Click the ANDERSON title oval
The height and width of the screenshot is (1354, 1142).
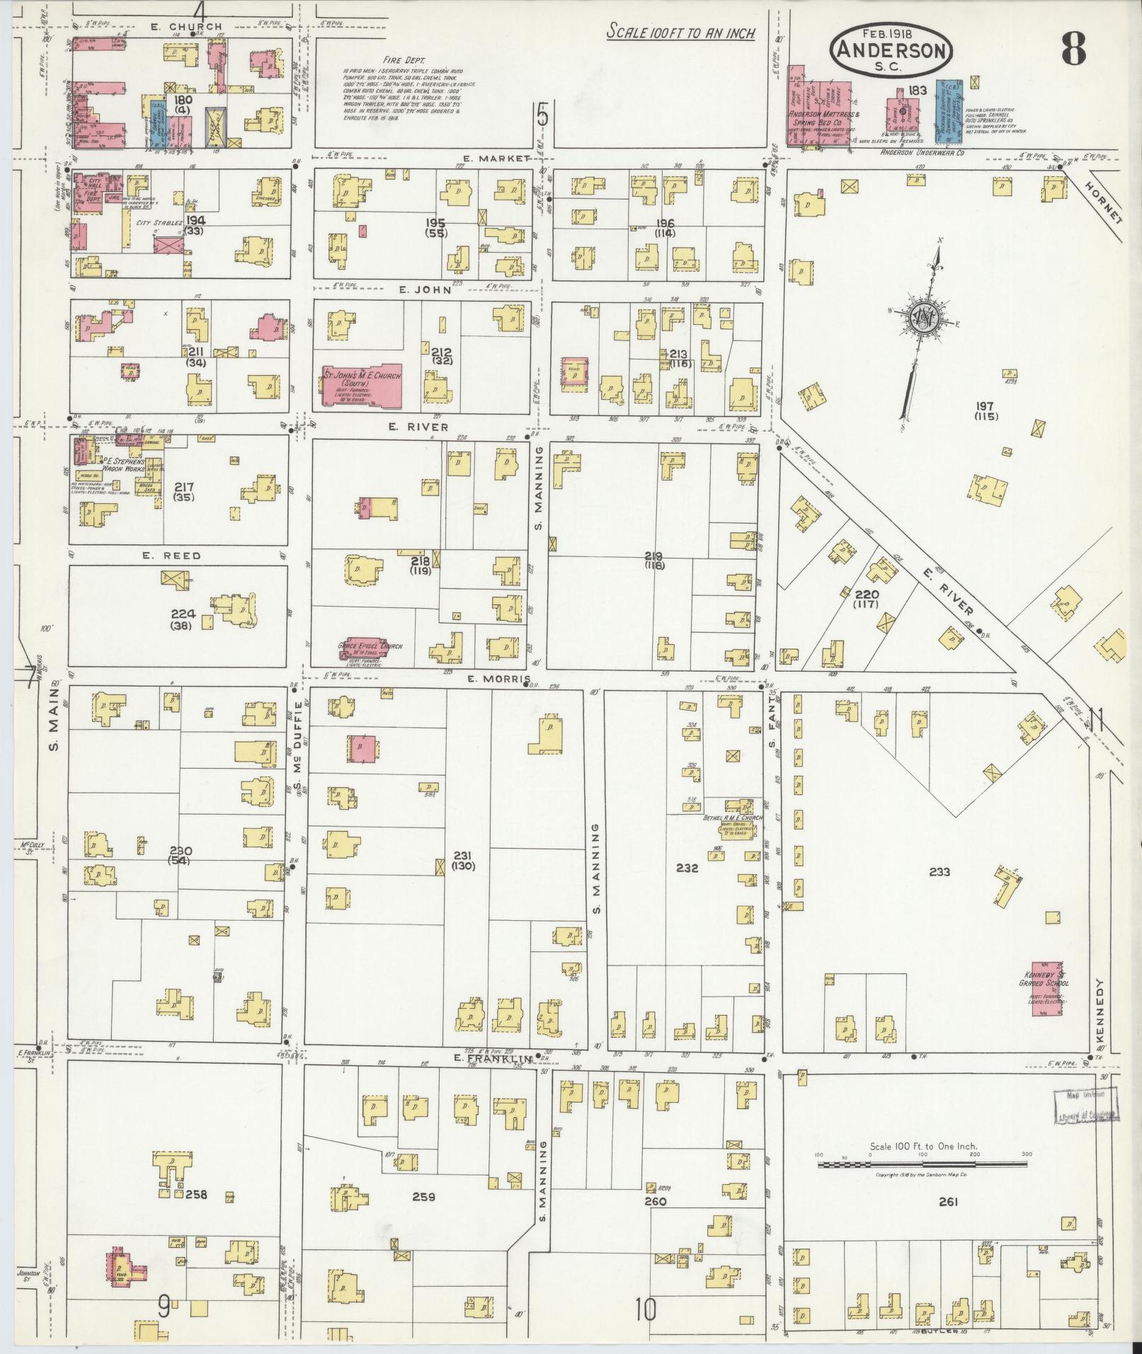pos(892,49)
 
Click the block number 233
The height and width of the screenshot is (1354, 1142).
pos(939,873)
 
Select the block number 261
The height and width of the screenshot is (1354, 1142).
pos(948,1201)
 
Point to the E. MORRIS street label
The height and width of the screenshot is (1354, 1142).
pos(499,679)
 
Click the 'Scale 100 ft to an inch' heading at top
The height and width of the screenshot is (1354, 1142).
pos(680,33)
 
